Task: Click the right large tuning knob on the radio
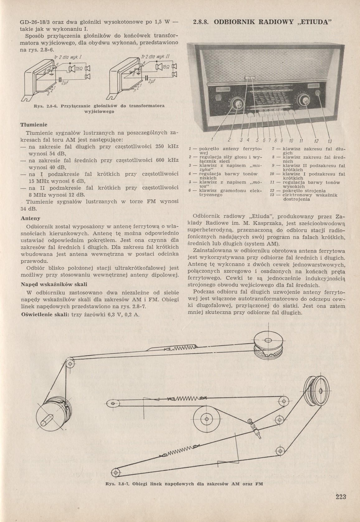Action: click(x=302, y=100)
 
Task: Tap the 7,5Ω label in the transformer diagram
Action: click(x=79, y=69)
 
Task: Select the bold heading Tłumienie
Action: click(x=34, y=125)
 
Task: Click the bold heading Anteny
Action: click(x=30, y=218)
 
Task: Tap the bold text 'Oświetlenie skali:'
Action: click(x=45, y=314)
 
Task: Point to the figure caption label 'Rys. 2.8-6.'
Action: click(x=47, y=106)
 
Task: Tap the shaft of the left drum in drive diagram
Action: click(x=48, y=422)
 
